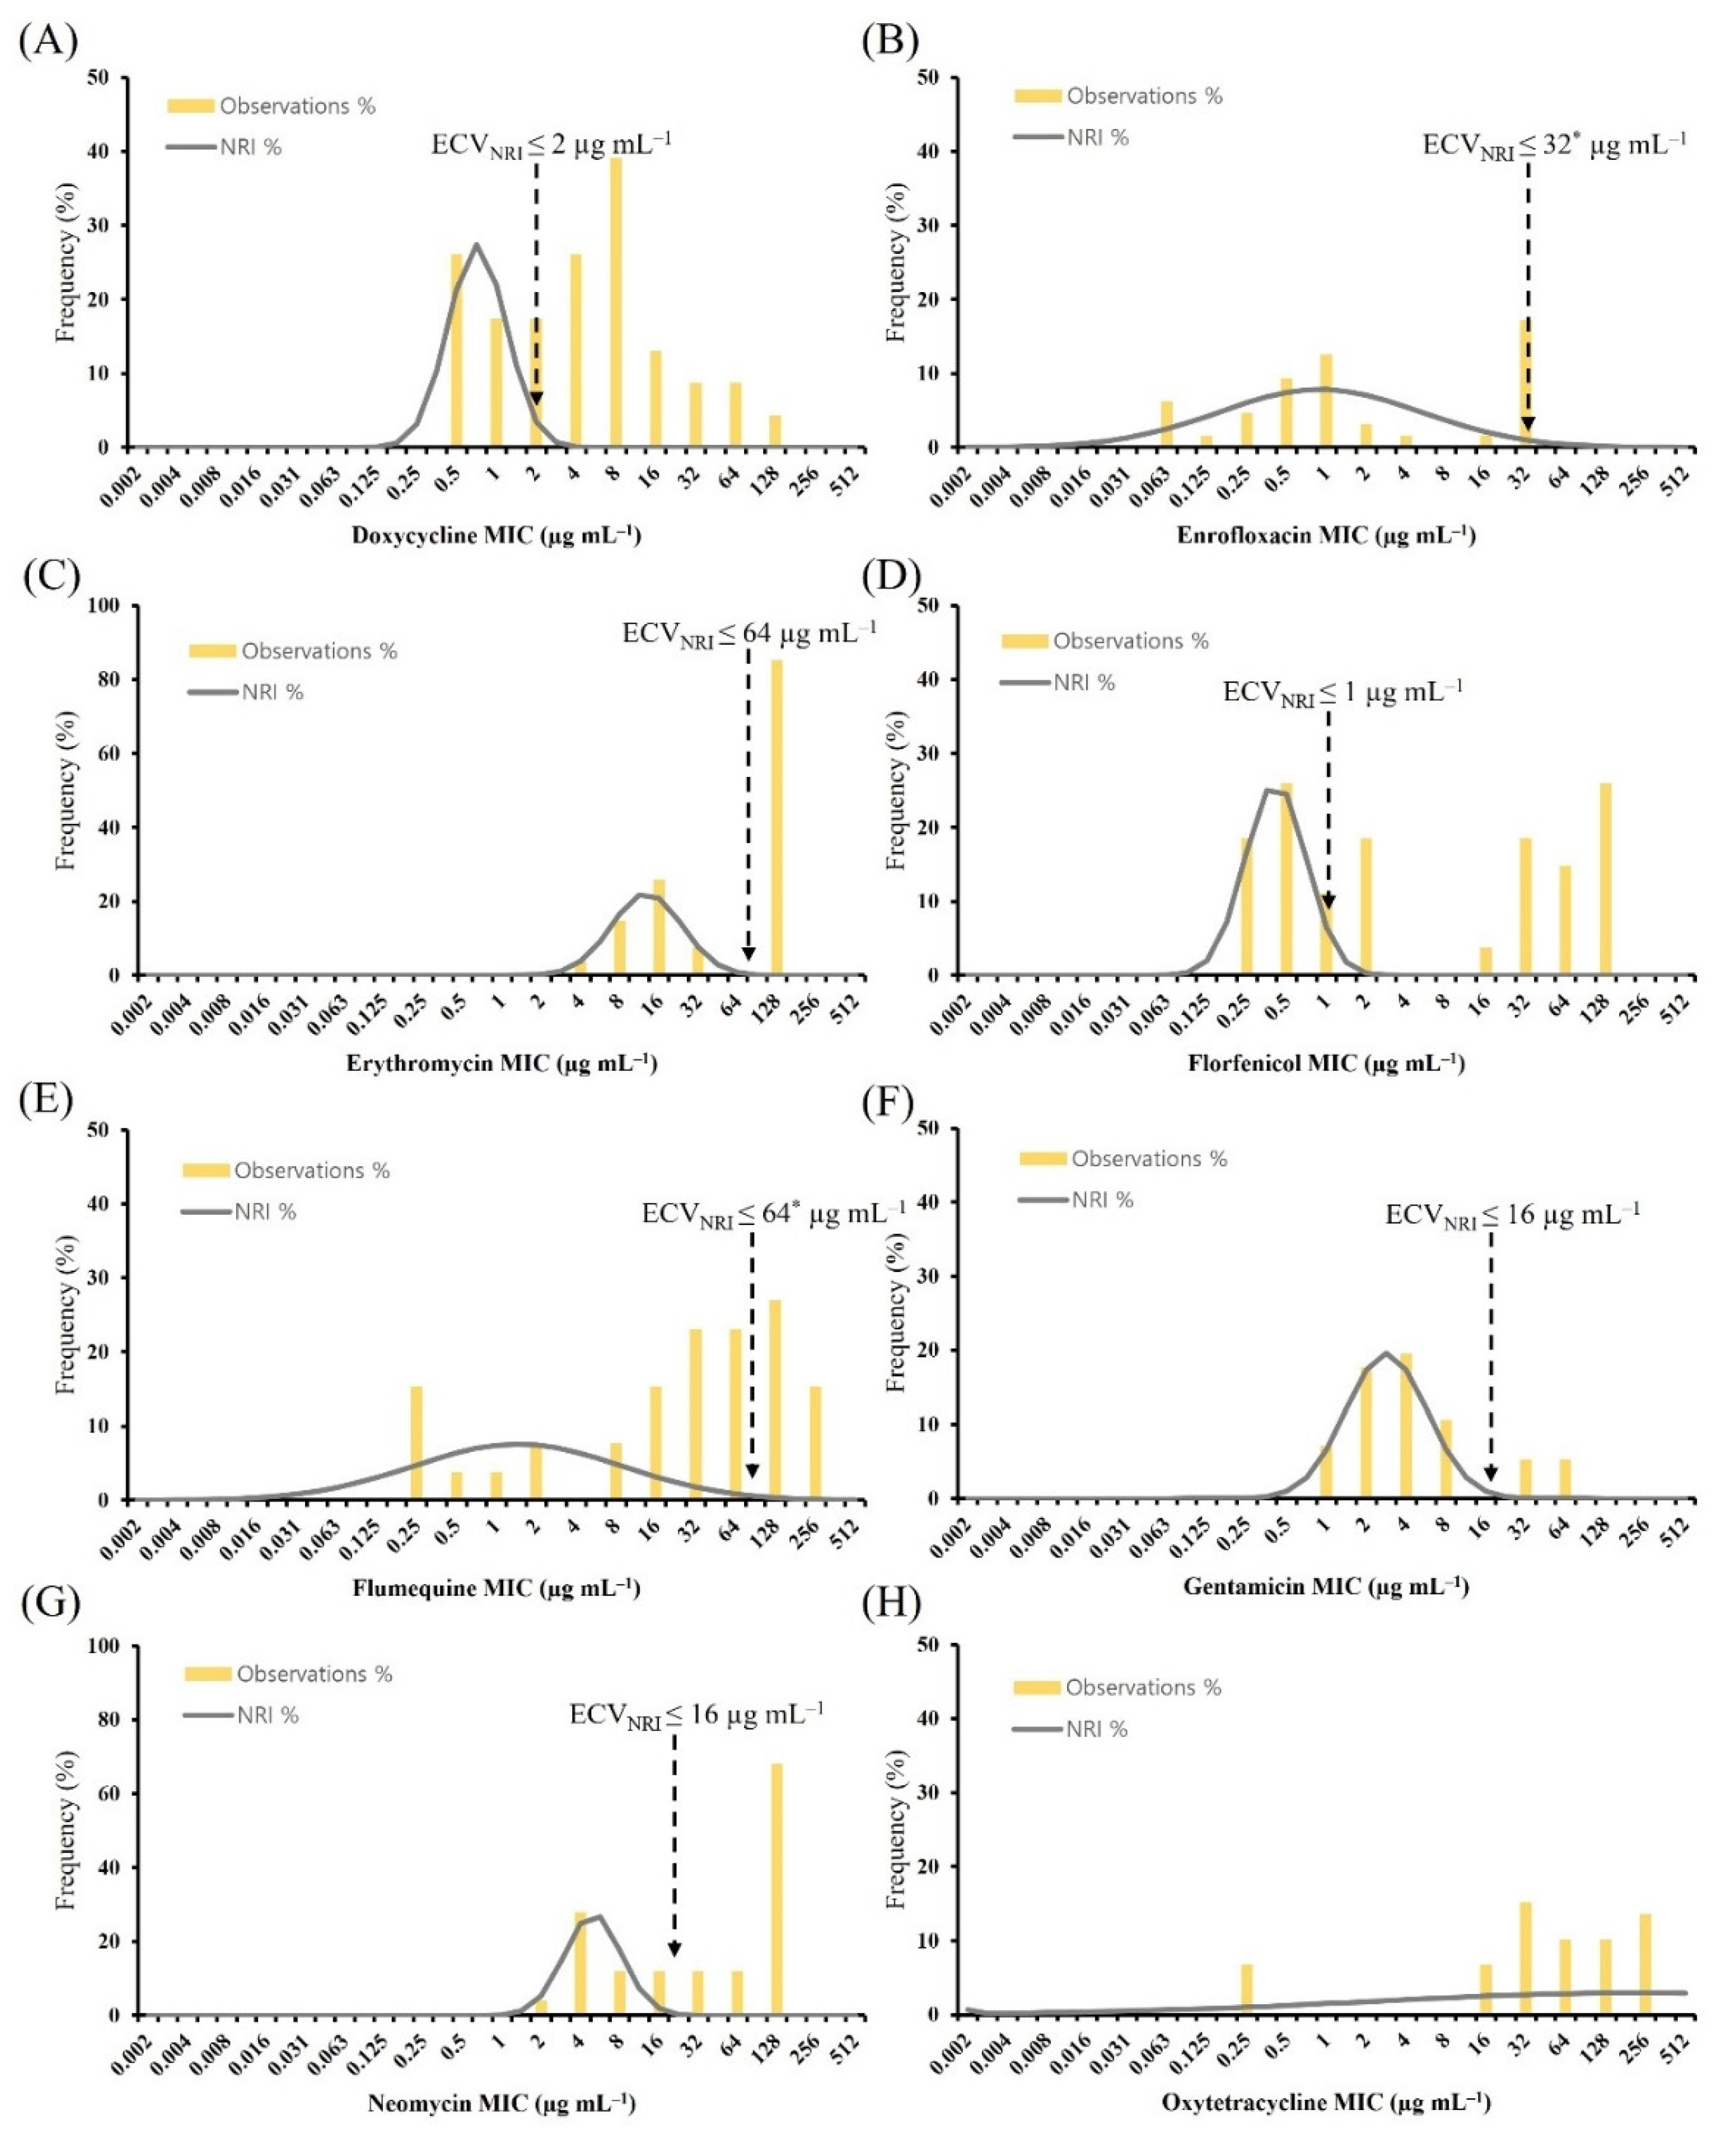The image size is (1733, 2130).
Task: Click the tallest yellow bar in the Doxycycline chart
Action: [616, 300]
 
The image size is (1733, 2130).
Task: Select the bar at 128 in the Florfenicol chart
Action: [1605, 878]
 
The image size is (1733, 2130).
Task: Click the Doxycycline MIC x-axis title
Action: [496, 536]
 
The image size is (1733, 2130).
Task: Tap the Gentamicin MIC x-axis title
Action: [1326, 1586]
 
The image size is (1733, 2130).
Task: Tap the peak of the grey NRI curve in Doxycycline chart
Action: [476, 245]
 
